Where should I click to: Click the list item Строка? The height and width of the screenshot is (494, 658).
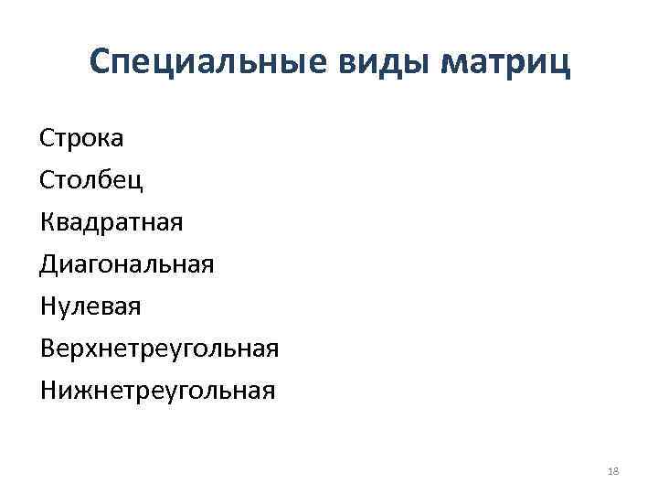[82, 139]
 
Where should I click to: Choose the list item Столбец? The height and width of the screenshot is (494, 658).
[91, 180]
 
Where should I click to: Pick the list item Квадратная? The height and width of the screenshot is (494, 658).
[111, 222]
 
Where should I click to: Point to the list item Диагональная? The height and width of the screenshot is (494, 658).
[127, 264]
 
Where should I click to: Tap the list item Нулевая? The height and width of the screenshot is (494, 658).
[90, 306]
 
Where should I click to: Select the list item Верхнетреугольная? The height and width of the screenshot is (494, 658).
[159, 349]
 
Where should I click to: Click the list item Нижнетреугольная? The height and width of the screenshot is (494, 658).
[157, 391]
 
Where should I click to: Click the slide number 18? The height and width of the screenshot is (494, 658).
[612, 470]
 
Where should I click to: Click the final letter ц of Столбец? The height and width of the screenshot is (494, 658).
[136, 181]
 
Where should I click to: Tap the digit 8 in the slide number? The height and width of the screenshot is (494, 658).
[615, 470]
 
